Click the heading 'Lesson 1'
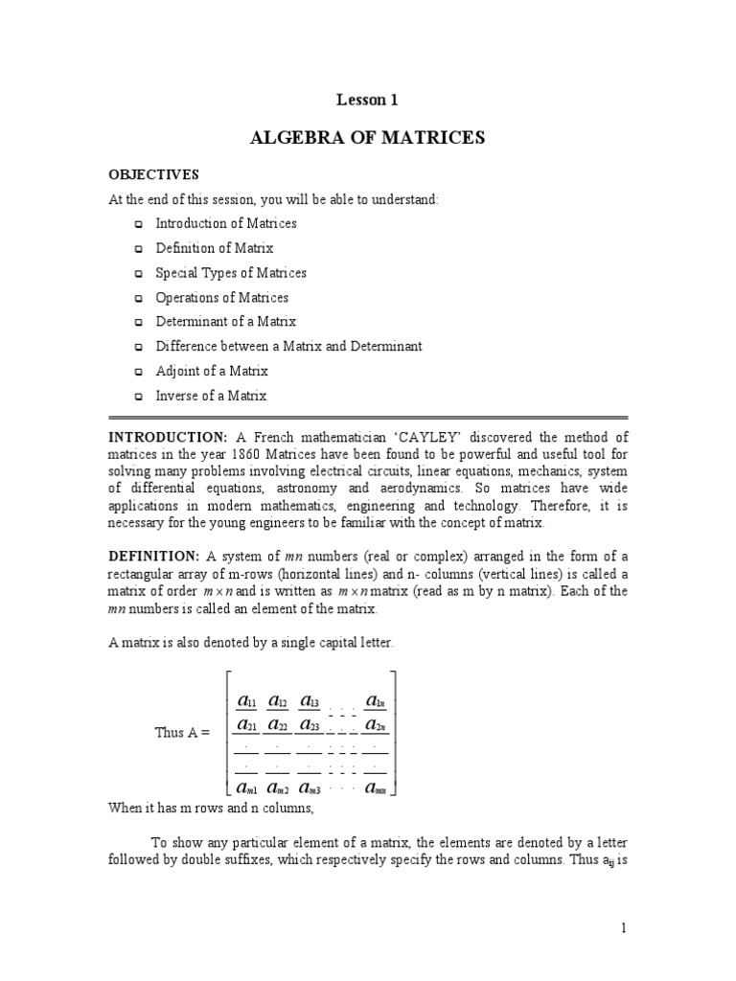click(x=367, y=99)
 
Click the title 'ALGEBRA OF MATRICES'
click(x=367, y=138)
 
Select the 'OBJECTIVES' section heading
click(x=152, y=174)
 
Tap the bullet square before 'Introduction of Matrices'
click(x=138, y=224)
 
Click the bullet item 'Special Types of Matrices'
click(x=231, y=273)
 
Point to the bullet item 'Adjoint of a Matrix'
click(x=211, y=371)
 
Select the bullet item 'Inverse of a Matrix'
click(x=211, y=396)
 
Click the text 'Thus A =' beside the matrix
click(x=182, y=732)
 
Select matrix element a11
click(x=245, y=702)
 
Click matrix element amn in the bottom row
click(x=375, y=787)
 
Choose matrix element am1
click(x=246, y=787)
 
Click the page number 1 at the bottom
click(x=623, y=928)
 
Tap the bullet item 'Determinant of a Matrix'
click(x=225, y=322)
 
